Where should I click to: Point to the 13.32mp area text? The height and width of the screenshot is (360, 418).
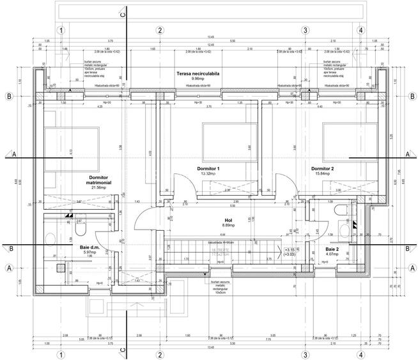pyautogui.click(x=210, y=173)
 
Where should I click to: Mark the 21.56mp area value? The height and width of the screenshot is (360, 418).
pyautogui.click(x=98, y=187)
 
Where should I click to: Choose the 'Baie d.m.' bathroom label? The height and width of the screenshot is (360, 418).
pyautogui.click(x=89, y=247)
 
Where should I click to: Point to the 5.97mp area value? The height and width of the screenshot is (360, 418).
pyautogui.click(x=89, y=253)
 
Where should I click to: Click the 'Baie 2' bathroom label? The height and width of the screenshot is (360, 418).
pyautogui.click(x=332, y=249)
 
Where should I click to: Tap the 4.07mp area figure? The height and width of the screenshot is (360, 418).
pyautogui.click(x=332, y=254)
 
